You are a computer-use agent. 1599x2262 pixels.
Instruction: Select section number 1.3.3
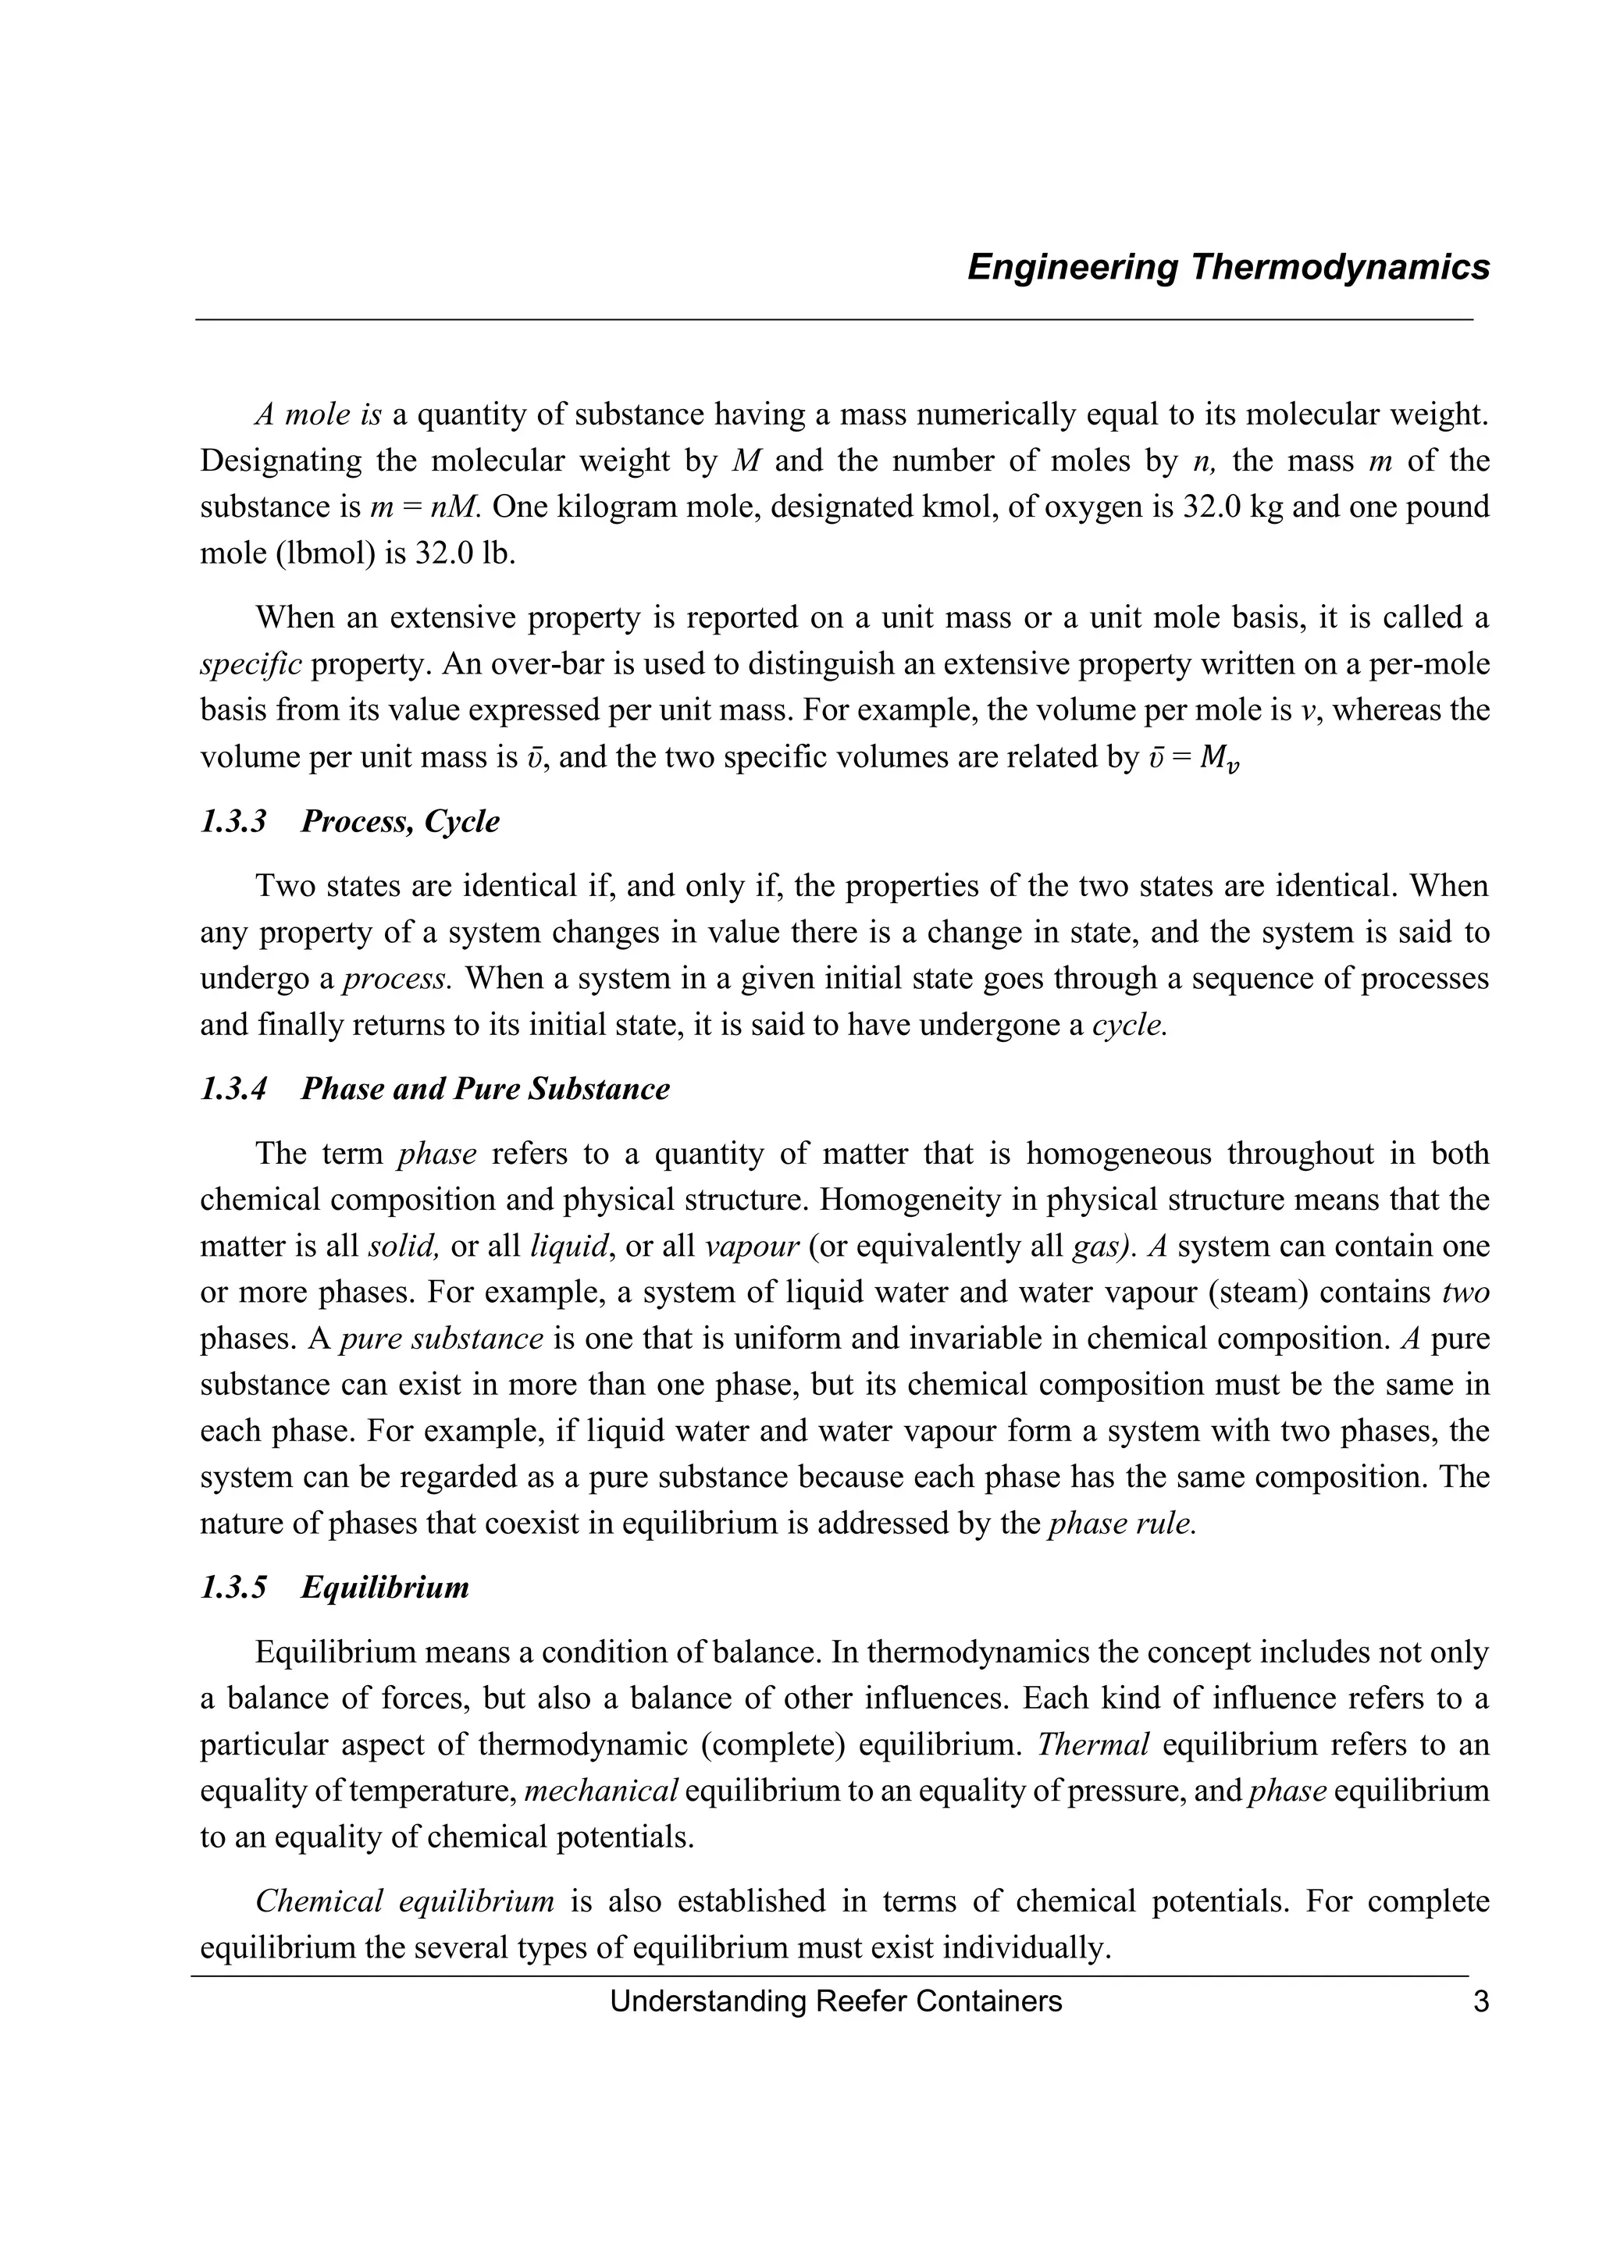coord(233,820)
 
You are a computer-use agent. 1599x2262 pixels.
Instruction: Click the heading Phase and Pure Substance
coord(485,1089)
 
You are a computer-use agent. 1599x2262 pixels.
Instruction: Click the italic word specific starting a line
coord(251,664)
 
